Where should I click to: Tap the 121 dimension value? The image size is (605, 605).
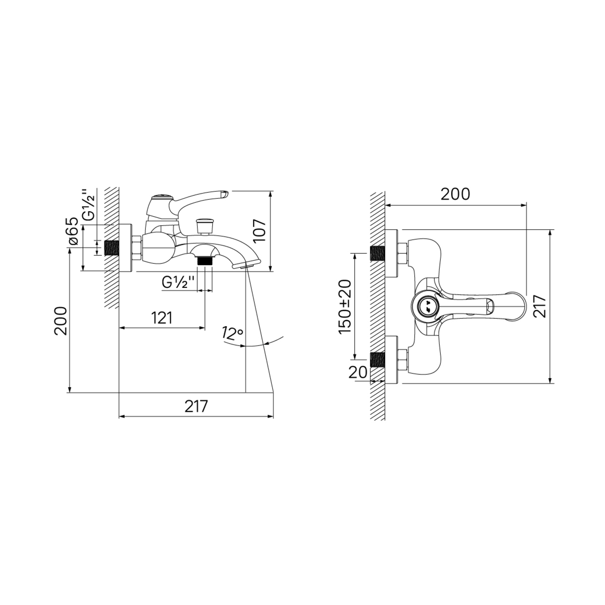[x=162, y=318]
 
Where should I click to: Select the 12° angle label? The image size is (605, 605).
[x=232, y=333]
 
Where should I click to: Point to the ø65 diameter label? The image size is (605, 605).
[x=73, y=231]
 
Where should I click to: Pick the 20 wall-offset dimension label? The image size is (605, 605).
[x=358, y=372]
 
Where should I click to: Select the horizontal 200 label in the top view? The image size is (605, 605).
[x=455, y=194]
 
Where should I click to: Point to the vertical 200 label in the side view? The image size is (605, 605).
[x=61, y=321]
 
